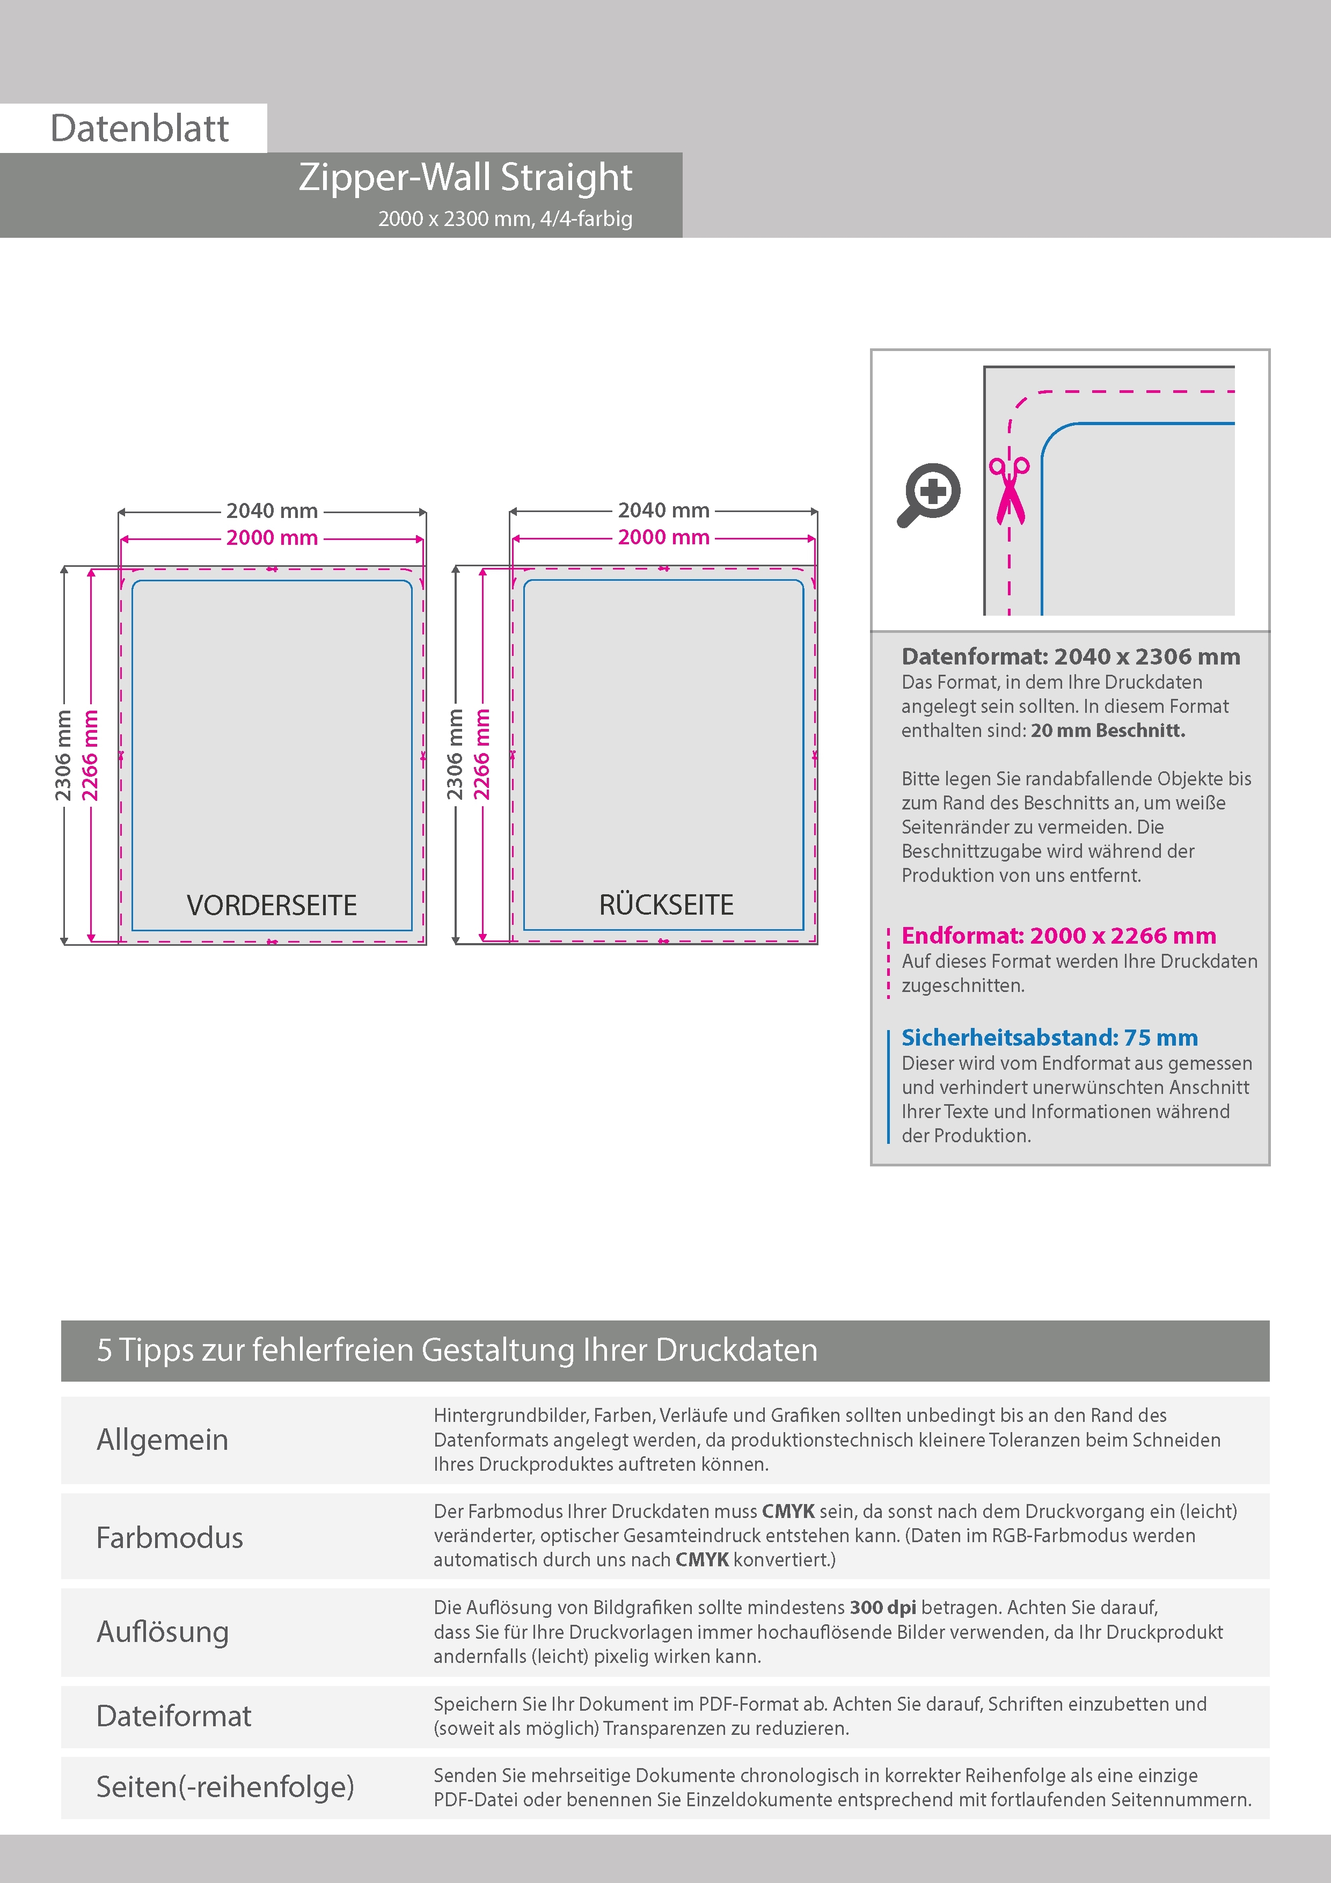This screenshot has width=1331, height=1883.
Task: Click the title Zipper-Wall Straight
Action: click(x=465, y=177)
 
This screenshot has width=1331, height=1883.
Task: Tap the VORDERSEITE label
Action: click(x=272, y=906)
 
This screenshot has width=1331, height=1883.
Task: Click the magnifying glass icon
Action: click(x=928, y=494)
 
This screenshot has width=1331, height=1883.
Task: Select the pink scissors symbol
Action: click(x=1008, y=491)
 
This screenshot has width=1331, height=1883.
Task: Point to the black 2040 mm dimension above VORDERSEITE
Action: click(x=272, y=511)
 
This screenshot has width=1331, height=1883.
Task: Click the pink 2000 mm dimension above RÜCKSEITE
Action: click(x=663, y=537)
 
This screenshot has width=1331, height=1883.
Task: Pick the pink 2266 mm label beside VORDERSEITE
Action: click(x=90, y=755)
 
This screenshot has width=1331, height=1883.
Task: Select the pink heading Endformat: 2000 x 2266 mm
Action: click(x=1058, y=935)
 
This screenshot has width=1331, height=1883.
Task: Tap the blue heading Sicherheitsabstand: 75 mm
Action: click(x=1049, y=1038)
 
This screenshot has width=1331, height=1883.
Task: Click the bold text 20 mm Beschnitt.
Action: click(x=1108, y=730)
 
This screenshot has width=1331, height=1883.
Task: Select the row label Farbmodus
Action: click(x=169, y=1538)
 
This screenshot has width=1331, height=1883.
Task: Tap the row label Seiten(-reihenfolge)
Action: click(x=225, y=1786)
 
